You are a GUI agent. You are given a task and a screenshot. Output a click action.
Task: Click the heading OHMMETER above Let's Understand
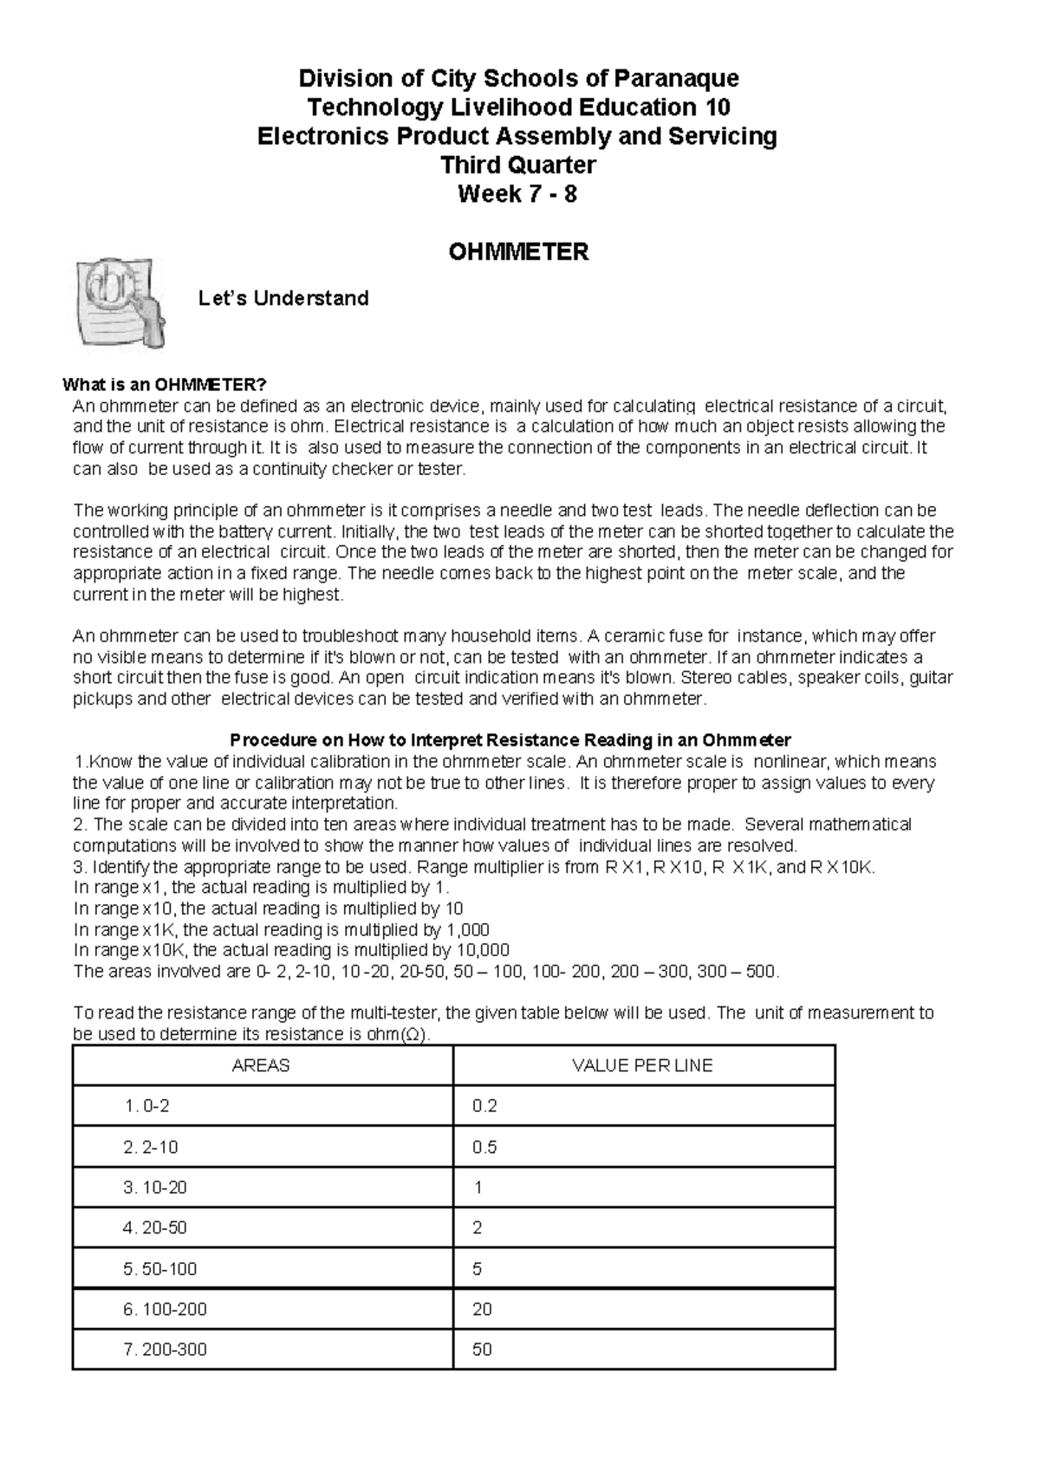[518, 252]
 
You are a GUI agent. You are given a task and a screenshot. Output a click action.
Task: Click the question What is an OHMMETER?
[165, 386]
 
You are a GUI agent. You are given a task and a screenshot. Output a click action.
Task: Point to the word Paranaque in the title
[676, 79]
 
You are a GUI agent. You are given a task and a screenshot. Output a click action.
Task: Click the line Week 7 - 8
[517, 194]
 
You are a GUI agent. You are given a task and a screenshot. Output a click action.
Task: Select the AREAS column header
[261, 1066]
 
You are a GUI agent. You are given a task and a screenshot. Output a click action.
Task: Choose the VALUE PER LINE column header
[642, 1066]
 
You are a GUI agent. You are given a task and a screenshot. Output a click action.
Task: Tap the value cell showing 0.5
[484, 1148]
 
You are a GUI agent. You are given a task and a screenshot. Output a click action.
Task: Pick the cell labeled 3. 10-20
[155, 1188]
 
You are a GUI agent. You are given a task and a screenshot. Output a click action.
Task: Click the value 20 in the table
[482, 1310]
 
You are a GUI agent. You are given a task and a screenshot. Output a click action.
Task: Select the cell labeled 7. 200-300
[165, 1350]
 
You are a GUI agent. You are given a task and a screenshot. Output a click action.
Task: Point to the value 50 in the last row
[482, 1350]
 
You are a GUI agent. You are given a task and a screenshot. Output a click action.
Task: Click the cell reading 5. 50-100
[160, 1269]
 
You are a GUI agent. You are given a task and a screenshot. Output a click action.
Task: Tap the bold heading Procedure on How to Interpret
[510, 741]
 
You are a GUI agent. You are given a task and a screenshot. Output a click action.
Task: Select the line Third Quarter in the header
[517, 165]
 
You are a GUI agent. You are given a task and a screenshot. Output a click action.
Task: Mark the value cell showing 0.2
[484, 1107]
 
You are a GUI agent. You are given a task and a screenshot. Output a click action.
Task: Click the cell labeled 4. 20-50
[155, 1228]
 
